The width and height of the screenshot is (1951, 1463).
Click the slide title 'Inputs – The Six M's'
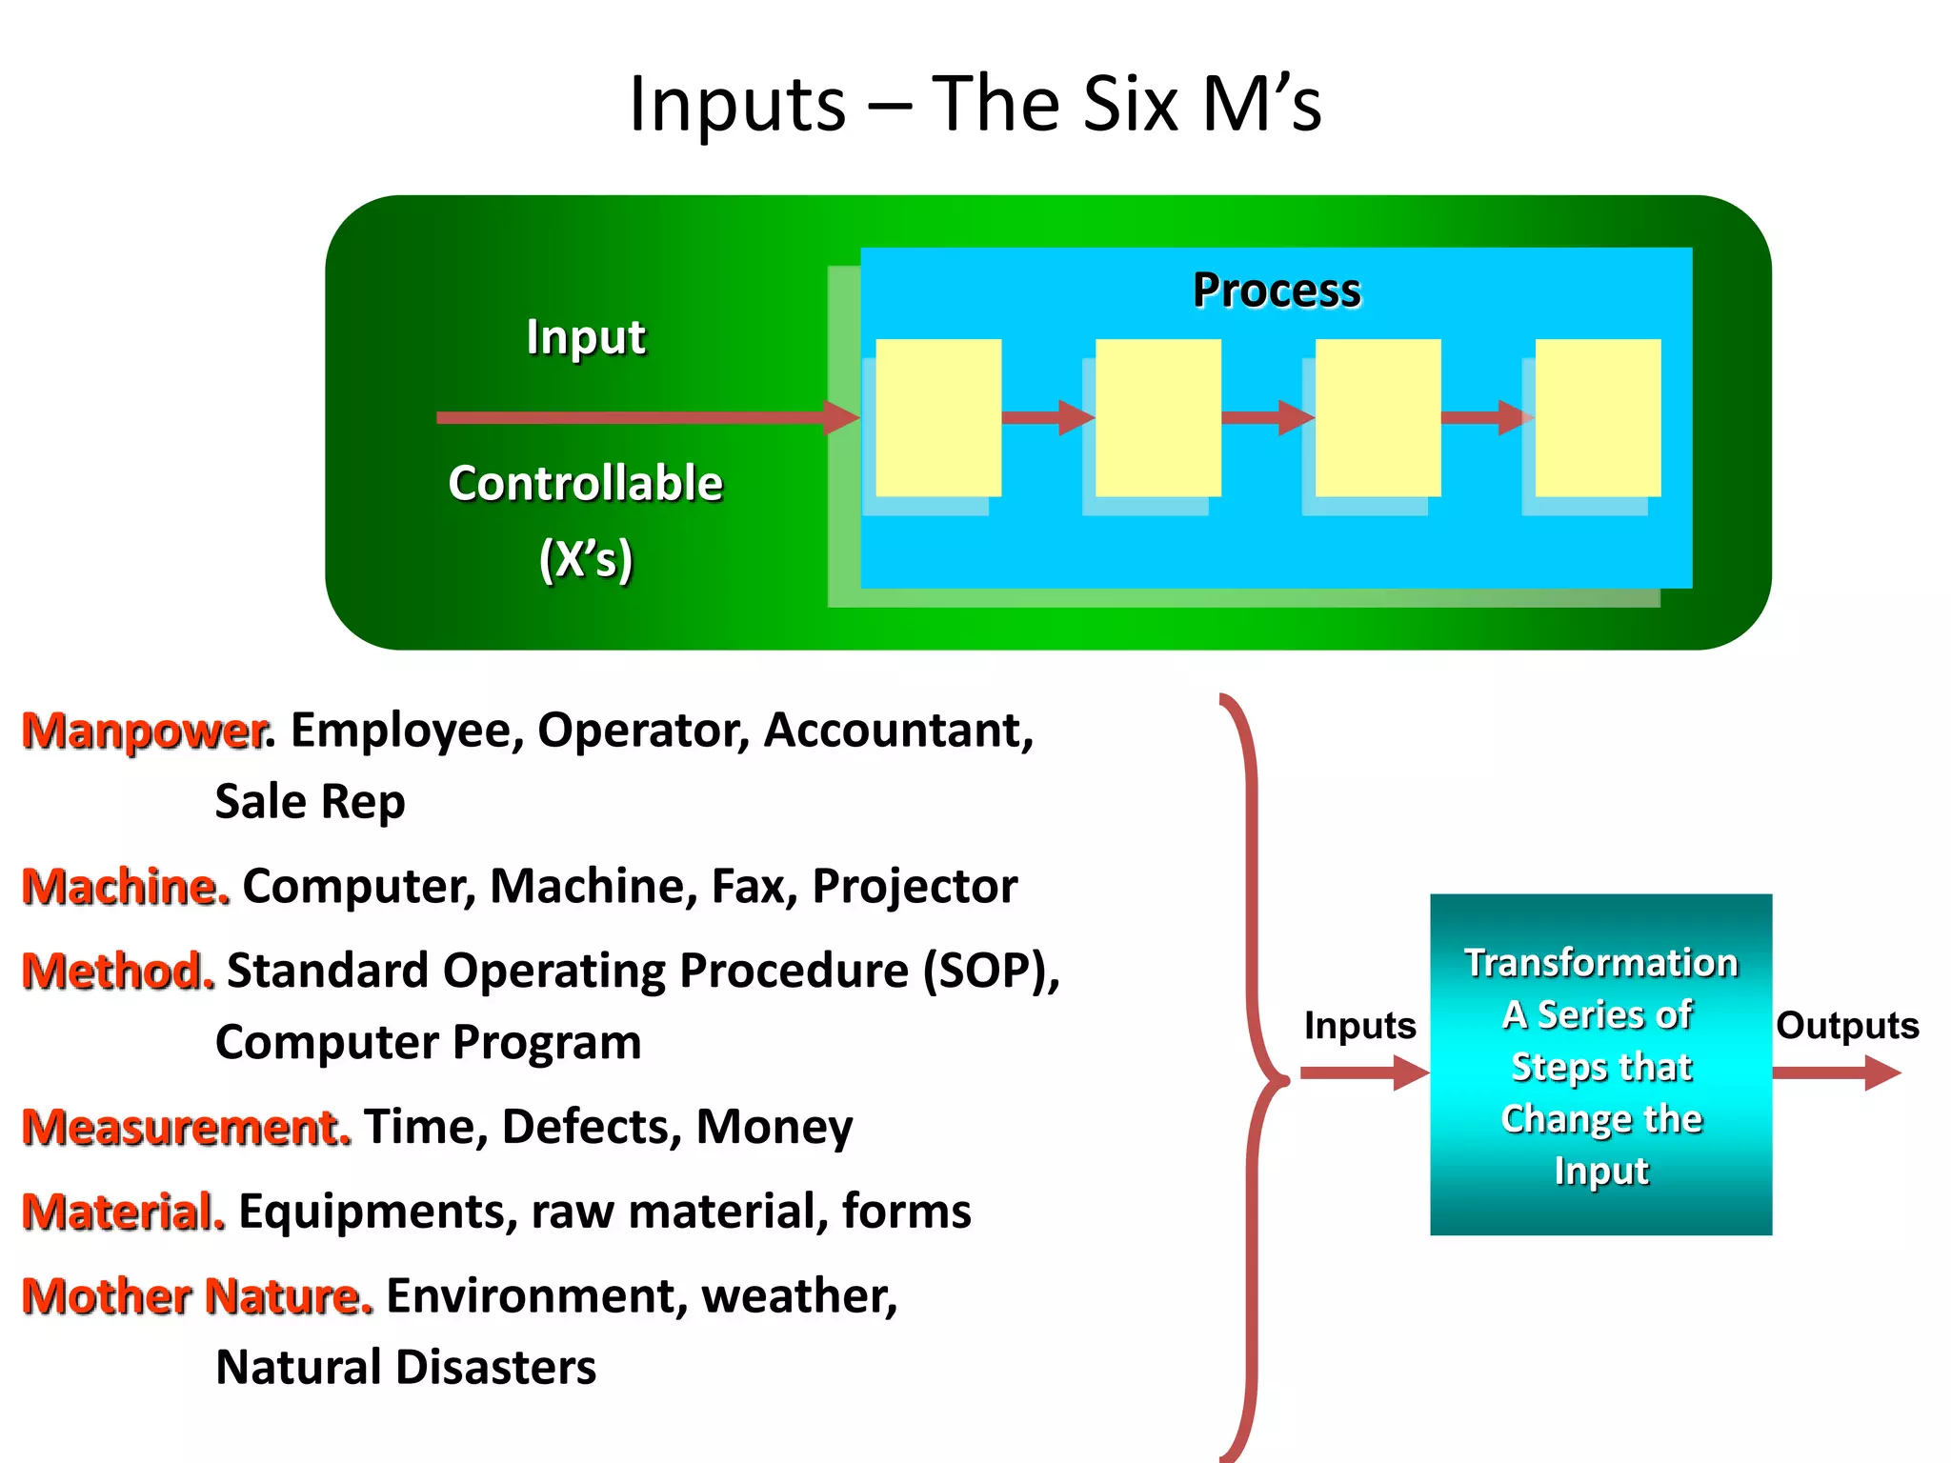(x=975, y=103)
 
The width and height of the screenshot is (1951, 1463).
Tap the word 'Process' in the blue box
(x=1277, y=290)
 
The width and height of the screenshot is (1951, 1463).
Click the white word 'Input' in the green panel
(x=585, y=337)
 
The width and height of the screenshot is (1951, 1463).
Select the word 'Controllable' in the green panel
(x=585, y=483)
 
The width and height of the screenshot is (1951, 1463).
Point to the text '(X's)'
(x=585, y=558)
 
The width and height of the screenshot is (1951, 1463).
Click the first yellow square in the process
(x=938, y=417)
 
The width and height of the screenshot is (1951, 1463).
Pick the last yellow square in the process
(x=1598, y=417)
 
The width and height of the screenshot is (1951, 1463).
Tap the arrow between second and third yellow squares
(x=1267, y=417)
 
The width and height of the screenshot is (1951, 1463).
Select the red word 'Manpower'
(x=143, y=731)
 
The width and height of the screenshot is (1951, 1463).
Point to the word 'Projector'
(x=915, y=887)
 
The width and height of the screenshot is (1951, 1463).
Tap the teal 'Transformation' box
(x=1600, y=1064)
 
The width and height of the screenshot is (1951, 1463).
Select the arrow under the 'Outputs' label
(x=1836, y=1072)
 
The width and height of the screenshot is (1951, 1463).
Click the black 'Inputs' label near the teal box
(x=1359, y=1026)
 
